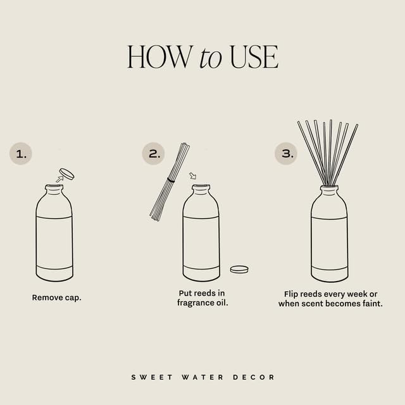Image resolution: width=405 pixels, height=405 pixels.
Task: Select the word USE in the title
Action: (253, 57)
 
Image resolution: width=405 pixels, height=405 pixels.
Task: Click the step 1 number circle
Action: (20, 154)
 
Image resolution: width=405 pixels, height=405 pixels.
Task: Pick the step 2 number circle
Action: (153, 154)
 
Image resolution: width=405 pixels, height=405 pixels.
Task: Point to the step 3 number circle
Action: (285, 154)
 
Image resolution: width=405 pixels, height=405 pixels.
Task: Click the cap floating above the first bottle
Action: (66, 174)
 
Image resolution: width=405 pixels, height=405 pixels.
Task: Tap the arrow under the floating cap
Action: (59, 179)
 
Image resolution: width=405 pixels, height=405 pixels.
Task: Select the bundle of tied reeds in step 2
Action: (169, 182)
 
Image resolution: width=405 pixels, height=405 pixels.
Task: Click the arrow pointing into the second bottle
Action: (193, 176)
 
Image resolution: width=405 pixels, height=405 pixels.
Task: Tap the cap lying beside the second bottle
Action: (239, 269)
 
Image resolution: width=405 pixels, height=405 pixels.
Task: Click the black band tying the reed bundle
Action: (171, 180)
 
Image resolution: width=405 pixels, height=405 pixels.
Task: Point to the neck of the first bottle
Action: (54, 189)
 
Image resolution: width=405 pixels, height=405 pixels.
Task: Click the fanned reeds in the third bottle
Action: (328, 152)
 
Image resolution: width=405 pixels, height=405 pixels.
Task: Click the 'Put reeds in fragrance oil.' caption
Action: (202, 298)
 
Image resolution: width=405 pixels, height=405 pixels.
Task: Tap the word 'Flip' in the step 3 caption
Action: (293, 294)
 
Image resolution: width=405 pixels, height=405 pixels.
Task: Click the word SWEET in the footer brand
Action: (147, 377)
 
